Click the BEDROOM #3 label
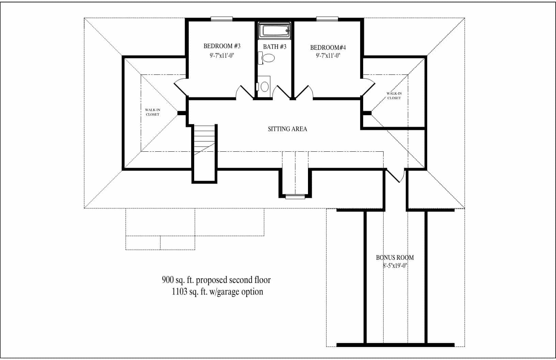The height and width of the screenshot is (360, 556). [x=222, y=46]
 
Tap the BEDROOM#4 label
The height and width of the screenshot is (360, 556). [x=328, y=47]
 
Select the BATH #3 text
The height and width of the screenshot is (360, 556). [x=275, y=46]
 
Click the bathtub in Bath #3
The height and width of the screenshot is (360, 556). [x=275, y=30]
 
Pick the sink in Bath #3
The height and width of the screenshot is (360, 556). [x=264, y=86]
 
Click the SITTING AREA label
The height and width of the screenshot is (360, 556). [x=287, y=129]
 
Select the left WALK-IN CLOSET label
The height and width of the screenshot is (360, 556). [x=152, y=112]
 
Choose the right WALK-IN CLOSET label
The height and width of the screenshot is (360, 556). [x=394, y=96]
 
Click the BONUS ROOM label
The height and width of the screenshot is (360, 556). [x=395, y=258]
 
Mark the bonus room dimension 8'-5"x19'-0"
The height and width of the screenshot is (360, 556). [x=395, y=266]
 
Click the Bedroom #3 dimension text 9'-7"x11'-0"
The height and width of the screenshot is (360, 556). [x=222, y=55]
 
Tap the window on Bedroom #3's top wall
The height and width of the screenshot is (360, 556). [x=221, y=19]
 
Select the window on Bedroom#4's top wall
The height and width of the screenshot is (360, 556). [x=327, y=19]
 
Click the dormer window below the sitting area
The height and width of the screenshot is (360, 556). [x=295, y=196]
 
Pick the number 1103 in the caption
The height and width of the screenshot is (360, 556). [x=178, y=292]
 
